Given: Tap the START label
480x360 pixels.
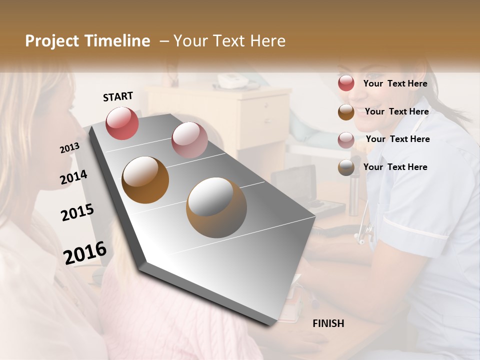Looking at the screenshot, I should tap(118, 96).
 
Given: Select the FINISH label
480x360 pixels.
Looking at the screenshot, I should tap(328, 323).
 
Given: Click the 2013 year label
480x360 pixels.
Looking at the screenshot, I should tap(69, 148).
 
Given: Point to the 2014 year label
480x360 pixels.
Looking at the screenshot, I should tap(73, 177).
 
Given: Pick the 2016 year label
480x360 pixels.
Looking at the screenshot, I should tap(85, 252).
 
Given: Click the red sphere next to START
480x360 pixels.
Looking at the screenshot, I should tap(122, 123).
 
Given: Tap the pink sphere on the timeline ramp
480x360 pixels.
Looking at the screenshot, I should tap(189, 140).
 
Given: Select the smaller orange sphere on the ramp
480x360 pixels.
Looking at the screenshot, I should tap(145, 180).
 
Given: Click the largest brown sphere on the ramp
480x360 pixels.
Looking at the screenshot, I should tap(216, 207).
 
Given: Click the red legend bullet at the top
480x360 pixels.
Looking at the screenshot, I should tap(346, 83).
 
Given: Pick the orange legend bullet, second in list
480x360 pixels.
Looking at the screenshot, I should tap(346, 112).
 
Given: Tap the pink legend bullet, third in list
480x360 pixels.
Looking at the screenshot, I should tap(346, 140).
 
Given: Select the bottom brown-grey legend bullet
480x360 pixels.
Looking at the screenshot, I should tap(346, 167).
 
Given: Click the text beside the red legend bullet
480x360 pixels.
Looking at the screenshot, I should tap(395, 83).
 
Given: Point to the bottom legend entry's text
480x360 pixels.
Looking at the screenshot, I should tap(395, 167).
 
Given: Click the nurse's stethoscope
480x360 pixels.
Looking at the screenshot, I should tap(365, 230).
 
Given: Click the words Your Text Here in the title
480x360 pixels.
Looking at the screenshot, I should tap(229, 41).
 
